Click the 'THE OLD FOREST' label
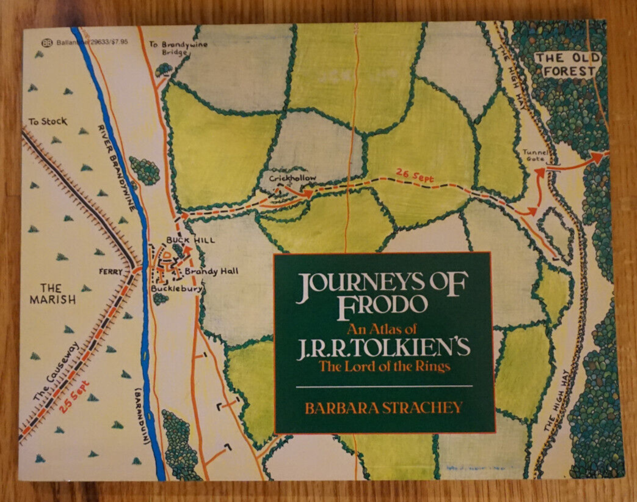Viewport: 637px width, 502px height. point(567,65)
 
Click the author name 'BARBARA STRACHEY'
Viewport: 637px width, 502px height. point(384,407)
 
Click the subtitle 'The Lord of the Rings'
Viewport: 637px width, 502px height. point(384,367)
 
